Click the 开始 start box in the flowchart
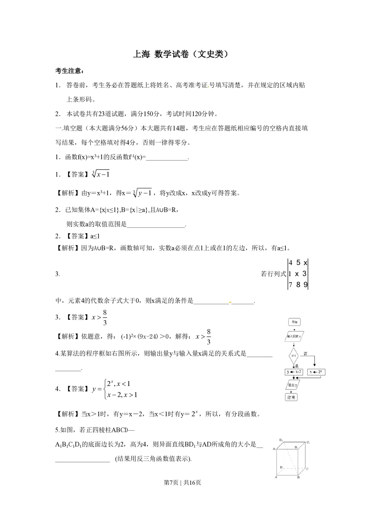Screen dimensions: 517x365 294,322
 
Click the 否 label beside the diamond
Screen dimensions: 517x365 306,354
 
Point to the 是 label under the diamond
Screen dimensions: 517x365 296,366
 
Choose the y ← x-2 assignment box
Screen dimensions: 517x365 294,372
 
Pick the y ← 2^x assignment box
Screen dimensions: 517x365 316,372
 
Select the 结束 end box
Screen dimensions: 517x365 291,397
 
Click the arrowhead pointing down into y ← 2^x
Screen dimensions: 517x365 314,367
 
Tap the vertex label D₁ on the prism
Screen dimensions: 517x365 281,440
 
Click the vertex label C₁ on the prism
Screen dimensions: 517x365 308,443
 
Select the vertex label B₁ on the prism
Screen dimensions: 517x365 296,447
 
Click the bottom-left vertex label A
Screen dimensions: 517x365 276,478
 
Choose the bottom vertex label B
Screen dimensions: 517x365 298,478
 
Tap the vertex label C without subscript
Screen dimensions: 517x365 307,469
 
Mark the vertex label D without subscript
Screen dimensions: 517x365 281,467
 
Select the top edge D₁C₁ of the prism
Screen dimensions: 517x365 294,442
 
